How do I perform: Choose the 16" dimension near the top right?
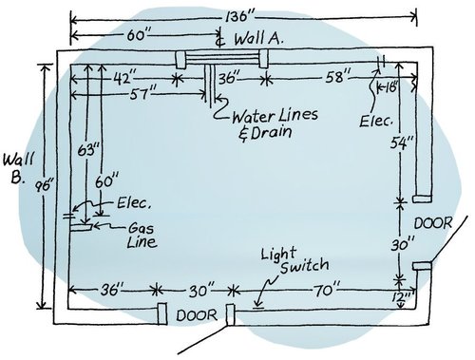(392, 88)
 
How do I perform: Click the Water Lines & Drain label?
(275, 124)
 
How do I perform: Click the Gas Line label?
(142, 235)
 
